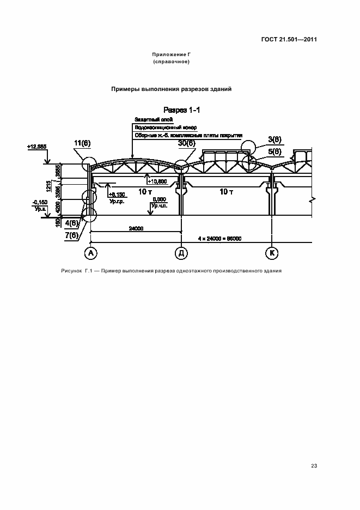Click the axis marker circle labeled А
coord(90,253)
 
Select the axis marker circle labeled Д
coord(181,253)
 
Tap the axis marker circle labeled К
coord(271,253)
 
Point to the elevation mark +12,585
coord(35,147)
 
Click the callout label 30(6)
coord(186,143)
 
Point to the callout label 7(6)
coord(71,235)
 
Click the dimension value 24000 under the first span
coord(136,229)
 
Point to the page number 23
coord(314,466)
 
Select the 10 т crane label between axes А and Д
coord(144,191)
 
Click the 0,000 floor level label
coord(159,199)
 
